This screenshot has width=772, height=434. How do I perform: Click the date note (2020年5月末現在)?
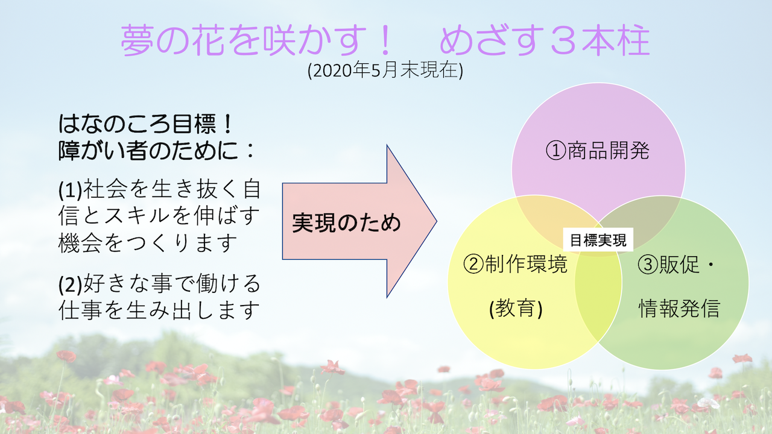[x=385, y=71]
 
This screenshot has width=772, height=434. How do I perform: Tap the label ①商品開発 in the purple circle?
[x=598, y=151]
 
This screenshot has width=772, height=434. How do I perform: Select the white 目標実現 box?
[x=598, y=240]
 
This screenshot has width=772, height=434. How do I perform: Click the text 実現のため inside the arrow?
[x=346, y=223]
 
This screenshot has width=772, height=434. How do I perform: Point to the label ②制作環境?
[x=515, y=264]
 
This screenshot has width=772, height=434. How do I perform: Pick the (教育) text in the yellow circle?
[x=516, y=308]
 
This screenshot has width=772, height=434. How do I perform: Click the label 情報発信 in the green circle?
[x=680, y=308]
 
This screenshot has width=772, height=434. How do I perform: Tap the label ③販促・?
[x=676, y=264]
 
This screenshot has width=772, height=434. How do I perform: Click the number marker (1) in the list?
[x=71, y=189]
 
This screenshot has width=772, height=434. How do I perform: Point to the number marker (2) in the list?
[x=71, y=285]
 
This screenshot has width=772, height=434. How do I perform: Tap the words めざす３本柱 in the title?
[x=545, y=40]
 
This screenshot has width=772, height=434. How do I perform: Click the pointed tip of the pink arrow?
[x=437, y=221]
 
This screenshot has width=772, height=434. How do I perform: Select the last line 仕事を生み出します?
[x=159, y=310]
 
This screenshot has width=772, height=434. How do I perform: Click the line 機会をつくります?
[x=148, y=243]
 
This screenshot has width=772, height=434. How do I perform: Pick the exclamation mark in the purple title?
[x=385, y=40]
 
